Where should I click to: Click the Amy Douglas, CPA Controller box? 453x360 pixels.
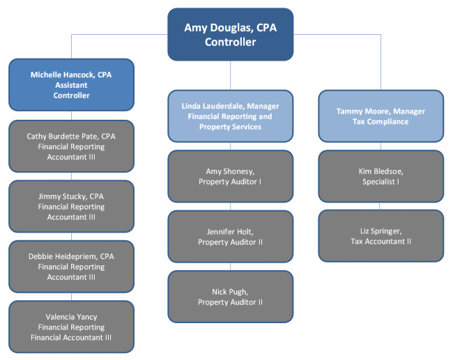[x=230, y=34]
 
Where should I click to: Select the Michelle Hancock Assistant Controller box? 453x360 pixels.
[x=71, y=85]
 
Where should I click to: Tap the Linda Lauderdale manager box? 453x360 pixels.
[x=230, y=116]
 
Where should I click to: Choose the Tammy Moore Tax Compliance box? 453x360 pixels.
[x=381, y=116]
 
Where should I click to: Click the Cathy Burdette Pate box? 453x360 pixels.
[x=71, y=146]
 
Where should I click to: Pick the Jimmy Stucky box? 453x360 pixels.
[x=71, y=206]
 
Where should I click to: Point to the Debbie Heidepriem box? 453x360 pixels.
[x=71, y=267]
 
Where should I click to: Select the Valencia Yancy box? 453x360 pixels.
[x=71, y=327]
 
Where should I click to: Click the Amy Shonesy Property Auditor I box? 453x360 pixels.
[x=230, y=176]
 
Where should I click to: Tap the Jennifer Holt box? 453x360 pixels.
[x=230, y=237]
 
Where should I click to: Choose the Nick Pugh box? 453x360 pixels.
[x=230, y=297]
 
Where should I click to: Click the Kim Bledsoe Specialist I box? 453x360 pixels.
[x=381, y=176]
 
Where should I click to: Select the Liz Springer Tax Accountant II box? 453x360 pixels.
[x=381, y=236]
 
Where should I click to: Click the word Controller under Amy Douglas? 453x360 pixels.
[x=230, y=42]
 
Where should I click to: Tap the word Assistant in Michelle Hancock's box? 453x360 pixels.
[x=71, y=85]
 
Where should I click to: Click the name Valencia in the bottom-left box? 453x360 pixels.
[x=57, y=317]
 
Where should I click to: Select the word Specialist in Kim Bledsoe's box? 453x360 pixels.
[x=378, y=182]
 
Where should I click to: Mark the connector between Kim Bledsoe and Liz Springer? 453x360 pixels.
[x=380, y=206]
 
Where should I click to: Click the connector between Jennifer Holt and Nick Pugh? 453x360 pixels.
[x=230, y=267]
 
